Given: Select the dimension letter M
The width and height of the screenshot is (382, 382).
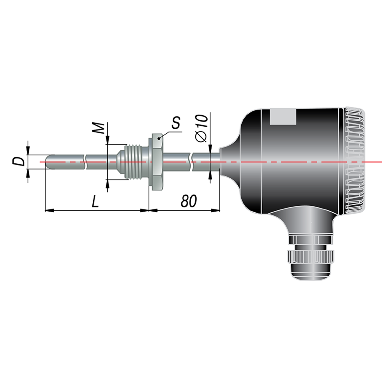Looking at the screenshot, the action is click(98, 128).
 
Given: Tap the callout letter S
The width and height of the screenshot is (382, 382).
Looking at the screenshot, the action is click(176, 123).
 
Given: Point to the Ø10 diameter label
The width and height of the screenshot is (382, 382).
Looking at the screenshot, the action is click(202, 128).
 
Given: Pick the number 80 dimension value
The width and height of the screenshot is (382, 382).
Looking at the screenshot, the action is click(189, 201).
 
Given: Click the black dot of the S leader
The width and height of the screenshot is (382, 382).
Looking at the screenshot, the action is click(159, 138).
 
